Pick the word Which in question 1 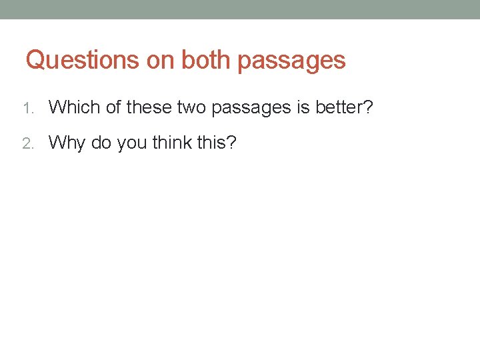[x=75, y=106]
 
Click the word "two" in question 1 [x=193, y=106]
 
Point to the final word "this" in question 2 [x=213, y=142]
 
